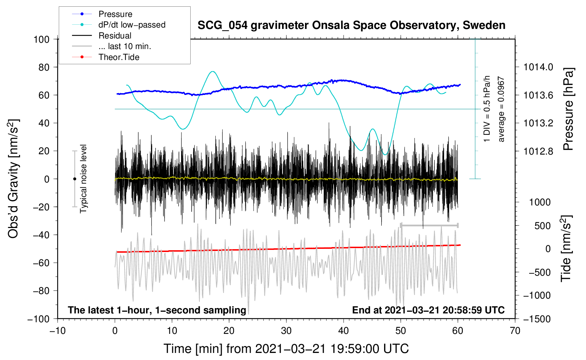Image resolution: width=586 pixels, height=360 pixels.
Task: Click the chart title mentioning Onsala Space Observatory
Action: [351, 25]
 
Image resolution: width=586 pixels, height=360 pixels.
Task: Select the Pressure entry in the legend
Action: [115, 14]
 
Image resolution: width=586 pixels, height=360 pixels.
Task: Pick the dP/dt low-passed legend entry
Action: [132, 25]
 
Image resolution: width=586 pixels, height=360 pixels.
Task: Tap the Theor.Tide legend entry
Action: [119, 57]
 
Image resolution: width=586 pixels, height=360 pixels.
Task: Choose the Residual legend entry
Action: [115, 36]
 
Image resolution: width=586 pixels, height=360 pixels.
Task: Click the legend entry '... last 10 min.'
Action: [125, 46]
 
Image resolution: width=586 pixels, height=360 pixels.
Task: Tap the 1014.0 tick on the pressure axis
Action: [538, 67]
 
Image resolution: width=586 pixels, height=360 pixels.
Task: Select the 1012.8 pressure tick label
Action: [538, 151]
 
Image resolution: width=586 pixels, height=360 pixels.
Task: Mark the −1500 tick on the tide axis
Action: [537, 319]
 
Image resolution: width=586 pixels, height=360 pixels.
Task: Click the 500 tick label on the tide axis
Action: [542, 226]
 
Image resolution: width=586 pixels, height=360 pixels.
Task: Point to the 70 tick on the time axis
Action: [515, 331]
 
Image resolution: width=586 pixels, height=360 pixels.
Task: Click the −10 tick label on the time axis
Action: [58, 331]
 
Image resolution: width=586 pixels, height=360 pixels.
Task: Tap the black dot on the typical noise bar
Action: [74, 179]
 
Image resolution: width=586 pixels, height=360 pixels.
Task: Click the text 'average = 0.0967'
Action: [501, 109]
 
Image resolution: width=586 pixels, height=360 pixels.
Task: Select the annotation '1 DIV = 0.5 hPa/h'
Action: [487, 109]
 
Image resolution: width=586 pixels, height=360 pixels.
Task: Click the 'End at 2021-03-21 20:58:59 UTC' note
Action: [428, 310]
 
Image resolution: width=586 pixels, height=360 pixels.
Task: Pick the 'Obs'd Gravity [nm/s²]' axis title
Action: [13, 179]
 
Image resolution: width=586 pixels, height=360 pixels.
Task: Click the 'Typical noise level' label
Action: [83, 179]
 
